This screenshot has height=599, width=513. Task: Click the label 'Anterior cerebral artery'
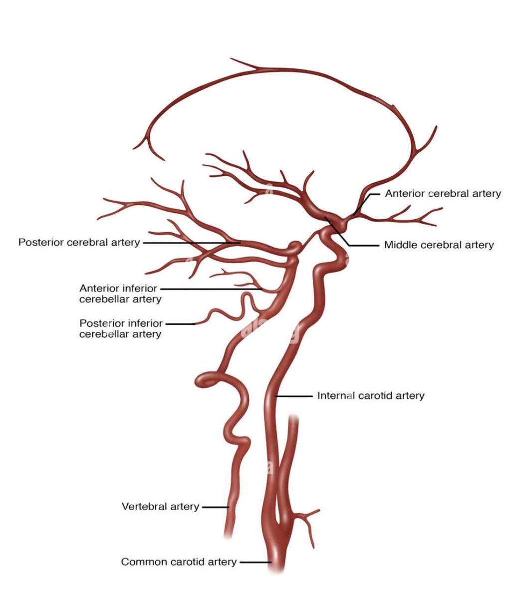click(443, 194)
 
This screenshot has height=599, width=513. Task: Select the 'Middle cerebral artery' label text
click(439, 245)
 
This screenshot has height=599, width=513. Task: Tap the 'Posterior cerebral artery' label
click(79, 243)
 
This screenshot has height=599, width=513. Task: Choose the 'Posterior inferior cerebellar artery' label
click(121, 328)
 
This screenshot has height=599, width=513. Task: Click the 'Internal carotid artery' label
click(371, 396)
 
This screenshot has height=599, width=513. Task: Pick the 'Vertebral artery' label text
click(160, 507)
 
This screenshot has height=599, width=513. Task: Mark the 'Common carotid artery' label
click(179, 562)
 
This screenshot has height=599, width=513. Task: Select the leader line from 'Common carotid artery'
click(255, 562)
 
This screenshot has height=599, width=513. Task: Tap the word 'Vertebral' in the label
click(142, 507)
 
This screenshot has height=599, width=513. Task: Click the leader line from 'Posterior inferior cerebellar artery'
click(180, 323)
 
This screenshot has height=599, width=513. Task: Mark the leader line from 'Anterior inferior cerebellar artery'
click(210, 289)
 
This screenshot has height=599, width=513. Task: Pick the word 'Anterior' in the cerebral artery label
click(405, 194)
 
